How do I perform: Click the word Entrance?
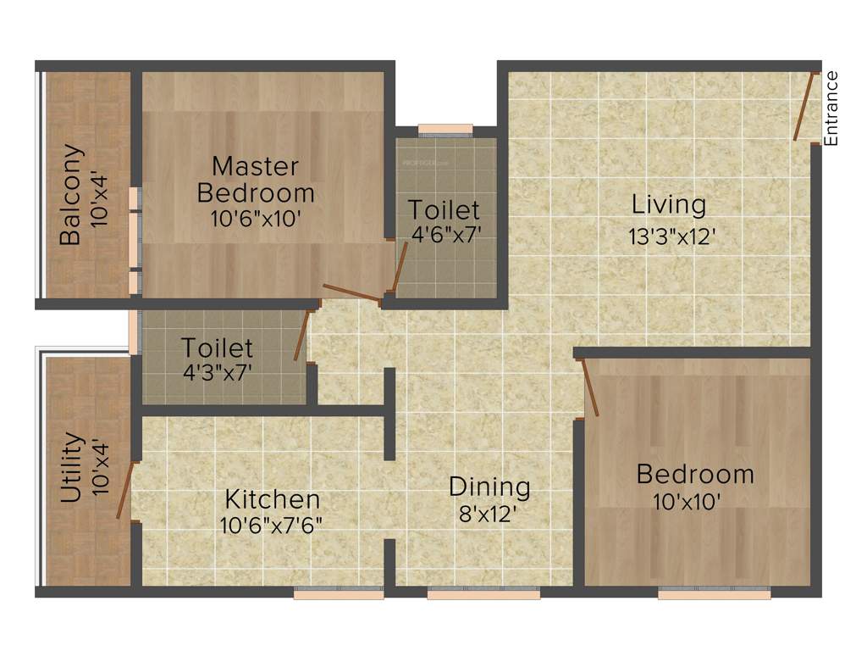[831, 108]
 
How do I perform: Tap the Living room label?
[668, 205]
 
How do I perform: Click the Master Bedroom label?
[255, 179]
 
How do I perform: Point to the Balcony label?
[72, 196]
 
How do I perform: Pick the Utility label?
[72, 469]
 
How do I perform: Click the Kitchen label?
[272, 499]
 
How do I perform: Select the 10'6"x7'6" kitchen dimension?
[271, 526]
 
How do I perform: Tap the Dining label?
[489, 487]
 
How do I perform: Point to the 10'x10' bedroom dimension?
[687, 502]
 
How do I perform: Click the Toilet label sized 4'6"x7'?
[444, 209]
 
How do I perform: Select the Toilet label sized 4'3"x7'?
[218, 348]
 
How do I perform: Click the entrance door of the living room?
[803, 107]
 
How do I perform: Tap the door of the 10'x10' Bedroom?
[590, 387]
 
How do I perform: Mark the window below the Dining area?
[483, 594]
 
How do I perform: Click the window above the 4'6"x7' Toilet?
[445, 130]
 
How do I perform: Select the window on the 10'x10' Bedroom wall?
[714, 594]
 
